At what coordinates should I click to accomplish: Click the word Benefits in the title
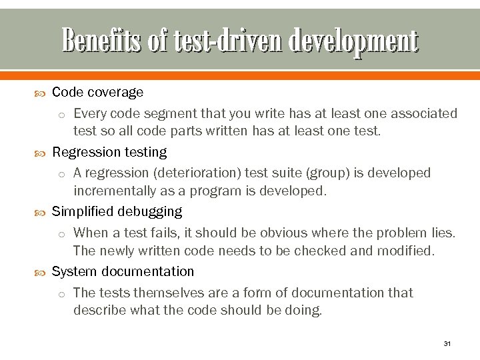tap(101, 41)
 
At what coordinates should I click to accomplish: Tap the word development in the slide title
tap(353, 41)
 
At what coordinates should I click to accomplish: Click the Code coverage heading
tap(97, 92)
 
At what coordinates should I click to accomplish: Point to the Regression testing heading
tap(109, 152)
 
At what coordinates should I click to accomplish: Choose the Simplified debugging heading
tap(117, 212)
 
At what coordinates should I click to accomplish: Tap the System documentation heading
tap(123, 271)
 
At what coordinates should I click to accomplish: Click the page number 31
tap(447, 344)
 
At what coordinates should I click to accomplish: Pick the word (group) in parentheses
tap(323, 173)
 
